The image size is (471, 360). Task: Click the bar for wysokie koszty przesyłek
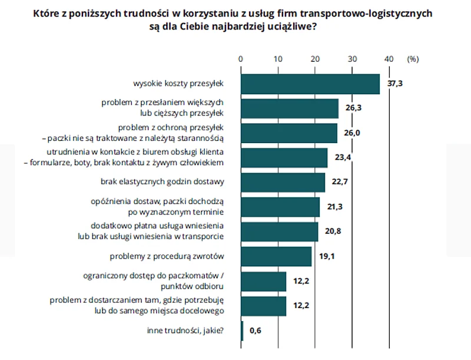[x=310, y=84]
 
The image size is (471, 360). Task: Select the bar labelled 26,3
[x=290, y=108]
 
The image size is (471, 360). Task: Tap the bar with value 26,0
[x=289, y=133]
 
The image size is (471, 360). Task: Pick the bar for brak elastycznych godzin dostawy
[x=283, y=182]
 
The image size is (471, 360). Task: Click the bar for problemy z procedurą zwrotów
[x=276, y=256]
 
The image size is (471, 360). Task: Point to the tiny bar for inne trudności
[x=242, y=331]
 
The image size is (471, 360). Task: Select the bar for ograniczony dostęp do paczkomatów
[x=264, y=281]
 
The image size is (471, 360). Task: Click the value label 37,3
[x=395, y=84]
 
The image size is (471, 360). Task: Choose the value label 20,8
[x=333, y=232]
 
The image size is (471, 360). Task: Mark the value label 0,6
[x=256, y=331]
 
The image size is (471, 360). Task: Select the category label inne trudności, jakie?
[x=185, y=331]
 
